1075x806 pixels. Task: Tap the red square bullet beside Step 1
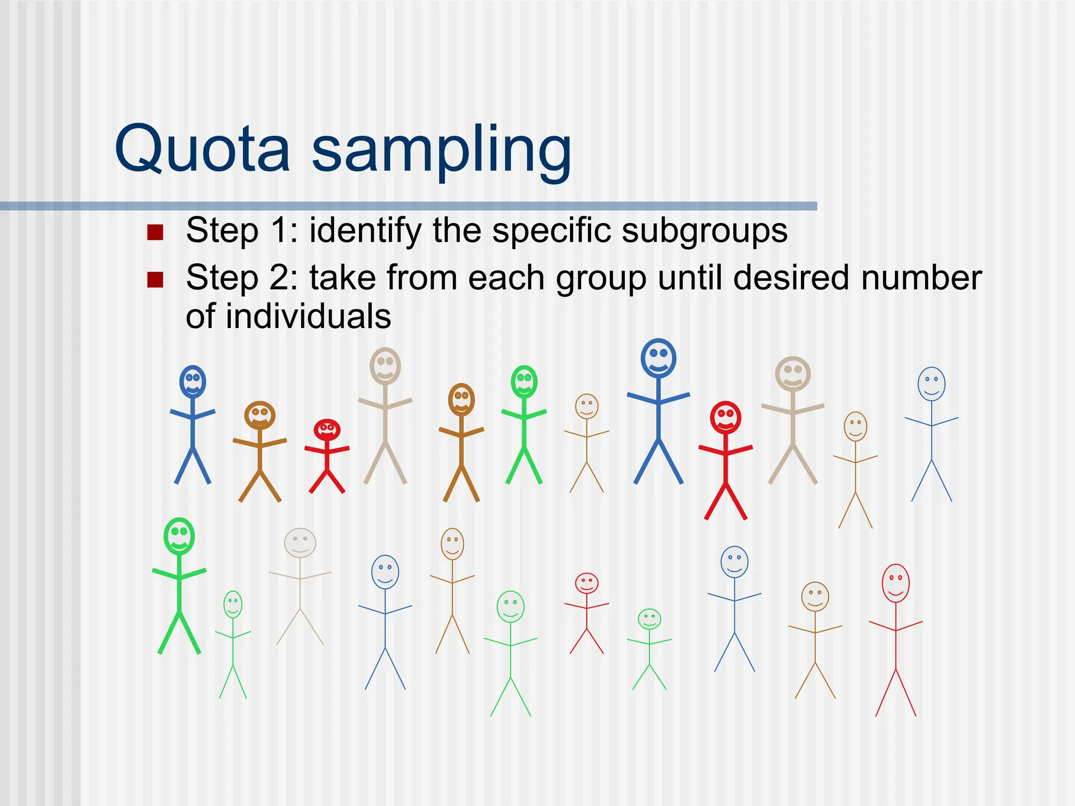coord(155,231)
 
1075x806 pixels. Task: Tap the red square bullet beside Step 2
coord(155,280)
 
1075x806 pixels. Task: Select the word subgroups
coord(704,231)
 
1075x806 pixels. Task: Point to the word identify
coord(365,231)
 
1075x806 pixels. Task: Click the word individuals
coord(308,316)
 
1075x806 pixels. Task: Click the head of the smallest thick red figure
coord(327,430)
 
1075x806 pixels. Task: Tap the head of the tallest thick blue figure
coord(658,358)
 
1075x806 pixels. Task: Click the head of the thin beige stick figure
coord(300,543)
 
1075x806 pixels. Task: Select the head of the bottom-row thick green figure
coord(179,536)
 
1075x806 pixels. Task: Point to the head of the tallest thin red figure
coord(895,583)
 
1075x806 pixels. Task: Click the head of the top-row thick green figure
coord(524,381)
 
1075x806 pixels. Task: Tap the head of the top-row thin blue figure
coord(931,384)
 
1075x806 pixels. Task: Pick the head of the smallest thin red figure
coord(586,583)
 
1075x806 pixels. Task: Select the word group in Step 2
coord(601,279)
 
